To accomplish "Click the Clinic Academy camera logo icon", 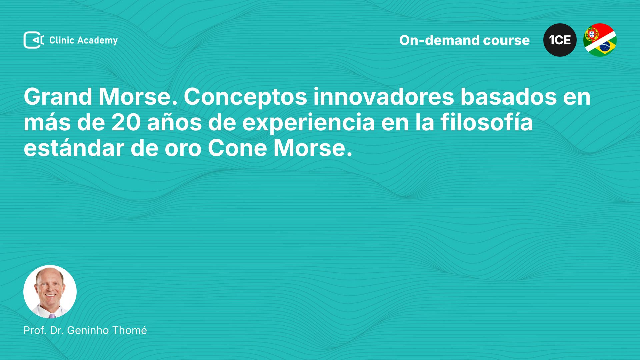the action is [34, 40].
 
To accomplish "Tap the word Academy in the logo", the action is [97, 41].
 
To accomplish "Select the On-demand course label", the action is [464, 40].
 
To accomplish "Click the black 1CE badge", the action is [560, 40].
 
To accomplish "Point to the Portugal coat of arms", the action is [592, 34].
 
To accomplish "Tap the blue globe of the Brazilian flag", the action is [605, 46].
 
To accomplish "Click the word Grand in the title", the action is [58, 97].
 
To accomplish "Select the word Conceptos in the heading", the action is [245, 97].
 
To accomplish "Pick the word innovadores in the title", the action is [384, 97].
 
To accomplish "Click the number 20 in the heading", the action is [126, 123].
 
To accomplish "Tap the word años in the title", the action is [174, 123].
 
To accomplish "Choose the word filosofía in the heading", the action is [487, 122].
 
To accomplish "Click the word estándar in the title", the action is [74, 148].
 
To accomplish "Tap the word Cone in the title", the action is [237, 148].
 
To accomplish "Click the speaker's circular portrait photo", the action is [50, 292].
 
